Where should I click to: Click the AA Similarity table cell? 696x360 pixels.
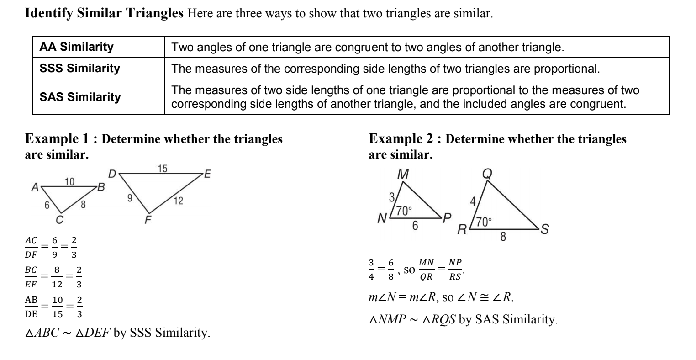click(76, 47)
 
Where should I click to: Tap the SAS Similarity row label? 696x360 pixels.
click(80, 97)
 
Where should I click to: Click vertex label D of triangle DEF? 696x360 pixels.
click(112, 174)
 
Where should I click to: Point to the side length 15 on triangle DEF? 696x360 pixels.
click(162, 169)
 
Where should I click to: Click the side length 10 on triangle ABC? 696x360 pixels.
click(69, 182)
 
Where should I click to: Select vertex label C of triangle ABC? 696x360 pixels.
click(59, 219)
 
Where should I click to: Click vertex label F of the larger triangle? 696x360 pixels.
click(148, 220)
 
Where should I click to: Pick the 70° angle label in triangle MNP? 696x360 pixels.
click(404, 211)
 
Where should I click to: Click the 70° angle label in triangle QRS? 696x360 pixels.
click(484, 222)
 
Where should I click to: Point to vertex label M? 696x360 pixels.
click(403, 174)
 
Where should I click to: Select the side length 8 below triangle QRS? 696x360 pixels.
click(503, 237)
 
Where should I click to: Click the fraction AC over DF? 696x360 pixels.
click(32, 245)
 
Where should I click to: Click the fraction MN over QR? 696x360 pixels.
click(427, 269)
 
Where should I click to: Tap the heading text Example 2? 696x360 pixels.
click(401, 139)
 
